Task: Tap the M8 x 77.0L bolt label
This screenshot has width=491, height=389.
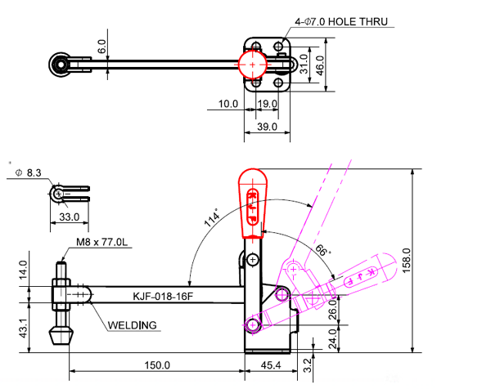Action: tap(101, 243)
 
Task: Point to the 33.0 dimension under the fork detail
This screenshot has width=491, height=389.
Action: tap(70, 217)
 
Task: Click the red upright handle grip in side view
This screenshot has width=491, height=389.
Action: tap(253, 202)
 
